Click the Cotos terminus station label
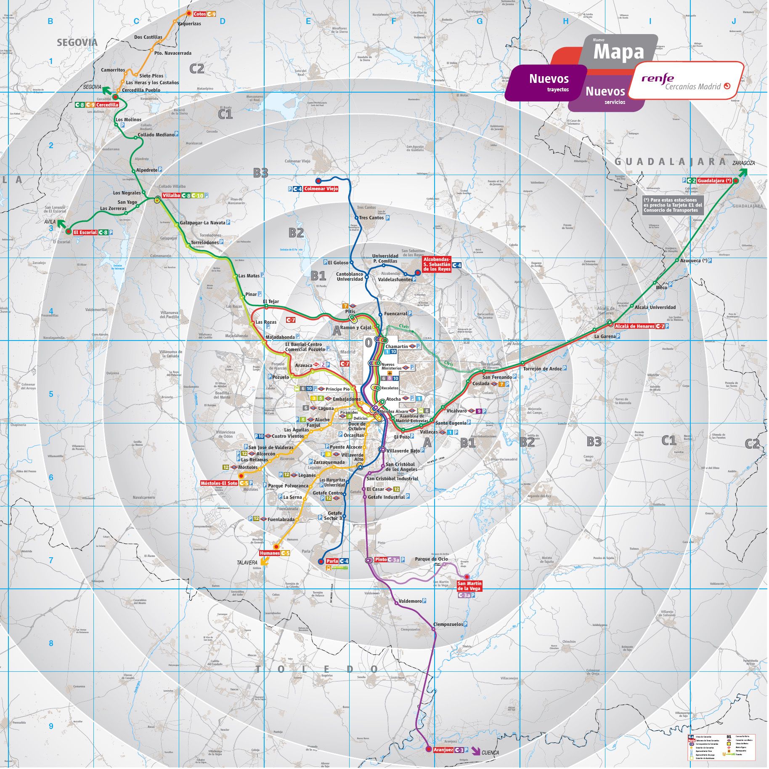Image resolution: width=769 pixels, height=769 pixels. pos(199,14)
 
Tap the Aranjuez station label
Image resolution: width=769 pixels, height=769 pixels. pos(443,750)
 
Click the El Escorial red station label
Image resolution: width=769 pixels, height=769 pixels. pos(85,232)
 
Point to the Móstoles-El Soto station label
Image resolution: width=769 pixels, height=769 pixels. pos(219,483)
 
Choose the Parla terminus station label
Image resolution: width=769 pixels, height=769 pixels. pos(332,561)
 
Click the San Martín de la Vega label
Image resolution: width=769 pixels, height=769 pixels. pos(469,586)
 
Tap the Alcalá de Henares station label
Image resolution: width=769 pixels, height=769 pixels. pos(634,326)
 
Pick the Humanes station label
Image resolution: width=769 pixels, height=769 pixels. pos(270,553)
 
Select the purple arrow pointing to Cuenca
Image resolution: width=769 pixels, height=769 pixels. pos(476,750)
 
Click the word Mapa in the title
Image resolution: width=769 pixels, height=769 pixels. pos(618,52)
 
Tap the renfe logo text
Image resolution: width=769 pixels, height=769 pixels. pos(658,78)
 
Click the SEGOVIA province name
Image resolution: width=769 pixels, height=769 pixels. pos(77,42)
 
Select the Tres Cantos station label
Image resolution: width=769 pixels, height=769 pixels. pos(371,218)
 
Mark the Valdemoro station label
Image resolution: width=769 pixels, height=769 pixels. pos(410,601)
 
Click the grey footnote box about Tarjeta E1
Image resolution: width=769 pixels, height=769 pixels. pos(671,205)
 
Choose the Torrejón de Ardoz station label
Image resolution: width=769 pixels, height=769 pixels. pos(542,369)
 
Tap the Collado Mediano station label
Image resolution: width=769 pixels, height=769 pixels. pos(156,135)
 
